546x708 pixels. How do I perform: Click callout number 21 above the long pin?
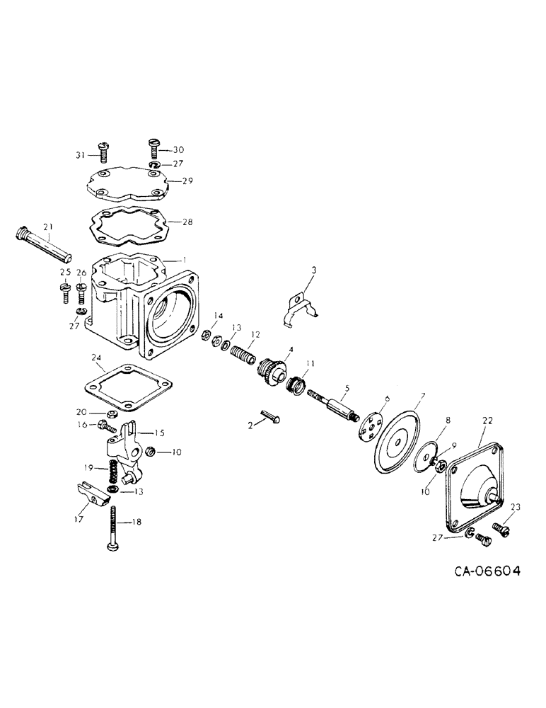pyautogui.click(x=48, y=227)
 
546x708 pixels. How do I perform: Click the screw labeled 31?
pyautogui.click(x=103, y=151)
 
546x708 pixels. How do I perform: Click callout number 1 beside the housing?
pyautogui.click(x=184, y=260)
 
